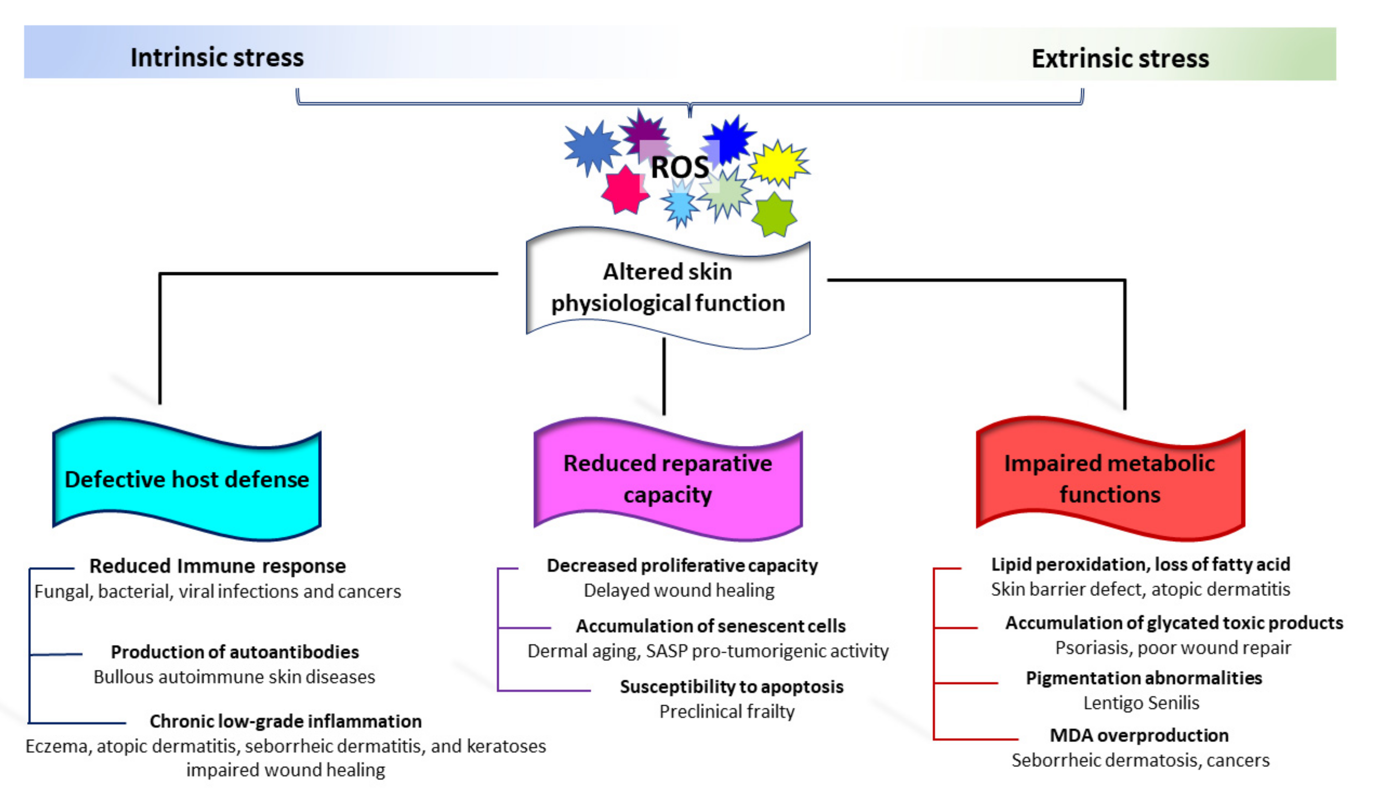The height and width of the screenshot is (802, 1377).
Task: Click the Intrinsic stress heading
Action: [x=217, y=57]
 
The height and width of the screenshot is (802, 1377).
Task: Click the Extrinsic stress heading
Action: [x=1120, y=58]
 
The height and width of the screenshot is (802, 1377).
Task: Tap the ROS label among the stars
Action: [x=679, y=167]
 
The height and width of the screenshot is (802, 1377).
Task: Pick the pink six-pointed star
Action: [x=625, y=190]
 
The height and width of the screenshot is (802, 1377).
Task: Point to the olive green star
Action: [x=774, y=215]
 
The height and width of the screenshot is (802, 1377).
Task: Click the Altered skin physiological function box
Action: [x=667, y=287]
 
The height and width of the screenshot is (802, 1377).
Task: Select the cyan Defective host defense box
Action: [x=187, y=480]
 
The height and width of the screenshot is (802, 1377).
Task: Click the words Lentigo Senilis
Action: [x=1141, y=703]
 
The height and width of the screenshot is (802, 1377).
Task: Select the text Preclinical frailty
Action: [x=727, y=711]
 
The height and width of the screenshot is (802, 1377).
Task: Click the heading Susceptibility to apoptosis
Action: [x=731, y=687]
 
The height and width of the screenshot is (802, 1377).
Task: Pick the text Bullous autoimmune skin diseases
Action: [x=234, y=677]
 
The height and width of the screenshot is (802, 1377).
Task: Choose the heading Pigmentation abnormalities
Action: [x=1144, y=678]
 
